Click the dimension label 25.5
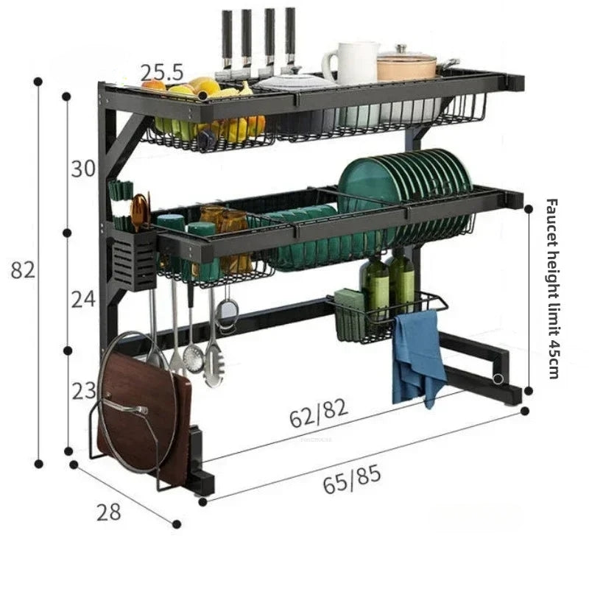pos(162,72)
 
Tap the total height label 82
pos(23,270)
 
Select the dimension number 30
pos(83,169)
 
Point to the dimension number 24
pos(83,298)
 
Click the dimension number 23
pos(83,391)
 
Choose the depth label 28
pos(108,512)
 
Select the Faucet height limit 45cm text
pos(553,288)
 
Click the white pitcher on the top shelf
pos(352,63)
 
